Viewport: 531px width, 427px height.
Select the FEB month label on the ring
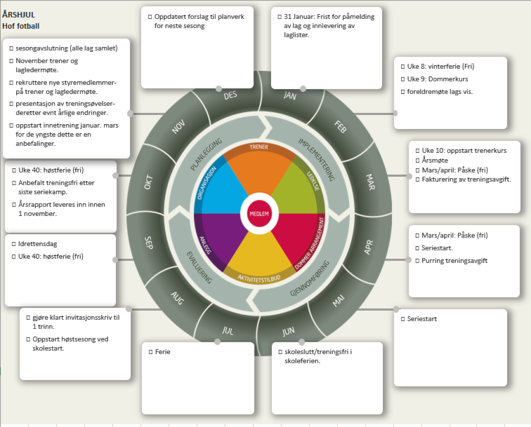(341, 128)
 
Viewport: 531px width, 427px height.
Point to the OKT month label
(148, 182)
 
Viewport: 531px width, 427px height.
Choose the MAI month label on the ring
(339, 301)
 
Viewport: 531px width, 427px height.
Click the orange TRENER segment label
(258, 147)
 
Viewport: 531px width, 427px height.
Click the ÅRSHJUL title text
(19, 13)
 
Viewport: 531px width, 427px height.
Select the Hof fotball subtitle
(20, 26)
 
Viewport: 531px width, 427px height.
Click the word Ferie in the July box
(163, 351)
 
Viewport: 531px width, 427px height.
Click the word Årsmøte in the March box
(435, 160)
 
